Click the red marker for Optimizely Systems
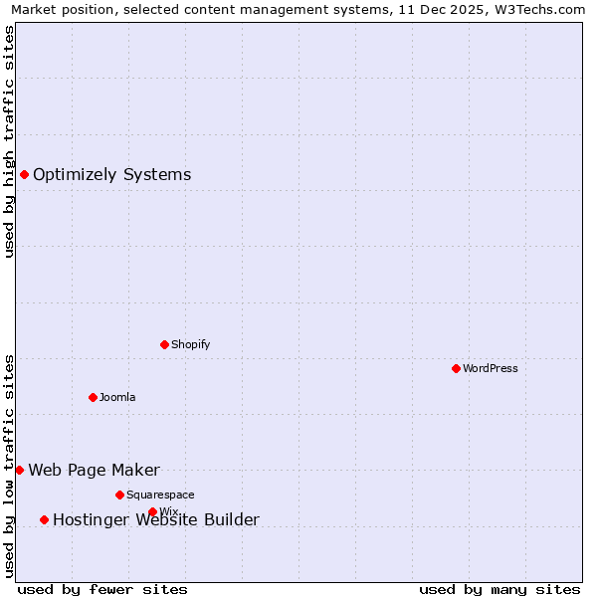(x=24, y=175)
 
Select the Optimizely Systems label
(x=111, y=175)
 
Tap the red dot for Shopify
(x=164, y=344)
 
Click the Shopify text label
(x=190, y=344)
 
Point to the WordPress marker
(x=456, y=368)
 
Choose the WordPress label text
(x=490, y=368)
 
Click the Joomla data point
(x=93, y=397)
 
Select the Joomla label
(x=117, y=397)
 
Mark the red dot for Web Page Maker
(x=19, y=470)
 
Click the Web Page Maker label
(x=94, y=471)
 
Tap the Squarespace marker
(x=119, y=495)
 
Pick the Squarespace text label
(x=160, y=495)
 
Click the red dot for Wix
(x=152, y=511)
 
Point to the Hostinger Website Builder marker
(x=44, y=519)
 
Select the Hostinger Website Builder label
(x=155, y=519)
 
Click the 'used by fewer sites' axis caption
(x=102, y=589)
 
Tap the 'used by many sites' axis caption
(x=499, y=589)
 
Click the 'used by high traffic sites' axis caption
(x=9, y=141)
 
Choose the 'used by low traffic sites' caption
(x=9, y=465)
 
